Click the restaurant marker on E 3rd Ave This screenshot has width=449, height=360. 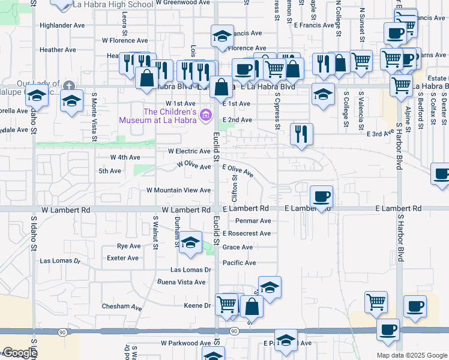pos(301,133)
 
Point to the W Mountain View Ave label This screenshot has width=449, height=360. pos(179,190)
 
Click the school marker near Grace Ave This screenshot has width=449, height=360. pos(191,242)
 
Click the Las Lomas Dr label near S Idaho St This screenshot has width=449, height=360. pos(60,261)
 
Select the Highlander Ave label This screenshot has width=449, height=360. pos(62,26)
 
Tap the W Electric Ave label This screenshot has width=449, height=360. pos(188,151)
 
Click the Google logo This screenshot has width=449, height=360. pos(19,353)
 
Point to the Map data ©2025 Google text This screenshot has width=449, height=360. pos(412,355)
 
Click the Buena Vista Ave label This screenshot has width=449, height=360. pos(182,282)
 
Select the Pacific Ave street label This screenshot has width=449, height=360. pos(239,263)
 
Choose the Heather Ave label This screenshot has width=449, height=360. pos(58,50)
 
